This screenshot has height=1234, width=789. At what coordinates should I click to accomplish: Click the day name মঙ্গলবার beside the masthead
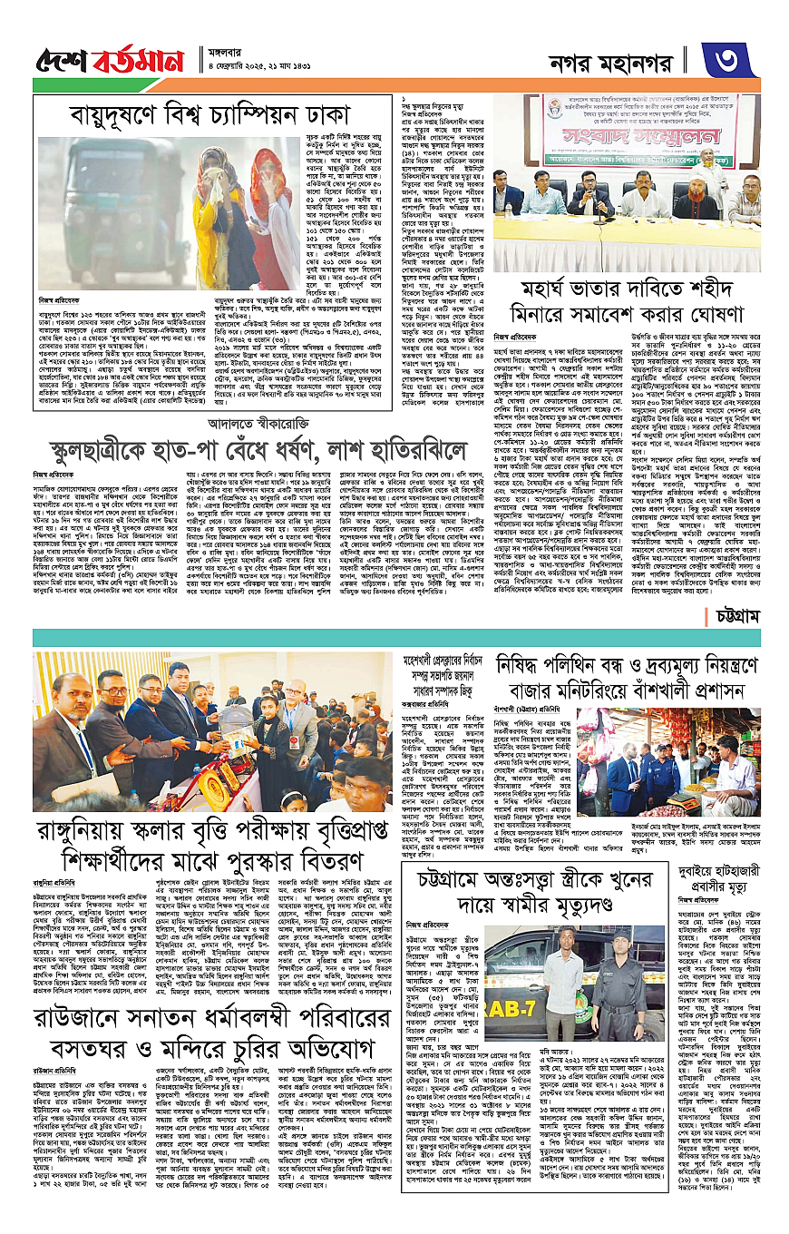[x=233, y=52]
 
